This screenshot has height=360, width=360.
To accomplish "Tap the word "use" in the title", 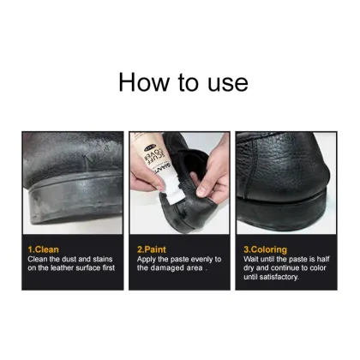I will coord(226,82).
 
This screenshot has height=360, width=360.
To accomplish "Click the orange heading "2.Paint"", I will coord(153,249).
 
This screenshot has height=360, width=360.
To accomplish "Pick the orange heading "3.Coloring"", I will coord(267,249).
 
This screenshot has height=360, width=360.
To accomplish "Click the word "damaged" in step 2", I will coord(171,268).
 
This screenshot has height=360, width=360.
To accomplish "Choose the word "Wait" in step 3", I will coord(255,259).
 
